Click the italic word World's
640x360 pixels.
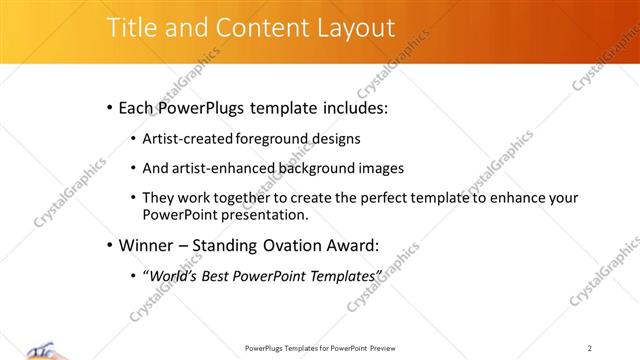click(172, 275)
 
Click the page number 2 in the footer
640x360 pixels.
click(590, 348)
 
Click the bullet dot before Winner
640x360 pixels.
click(108, 245)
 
